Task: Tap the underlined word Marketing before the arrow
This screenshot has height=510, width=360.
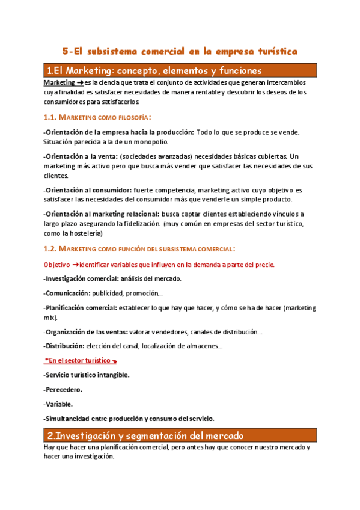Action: [59, 82]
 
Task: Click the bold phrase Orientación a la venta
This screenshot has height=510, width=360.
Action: [81, 155]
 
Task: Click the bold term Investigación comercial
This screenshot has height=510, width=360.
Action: [82, 278]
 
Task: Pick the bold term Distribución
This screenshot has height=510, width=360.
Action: [64, 346]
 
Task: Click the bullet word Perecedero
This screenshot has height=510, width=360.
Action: [64, 389]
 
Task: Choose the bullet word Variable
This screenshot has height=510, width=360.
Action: [59, 404]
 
